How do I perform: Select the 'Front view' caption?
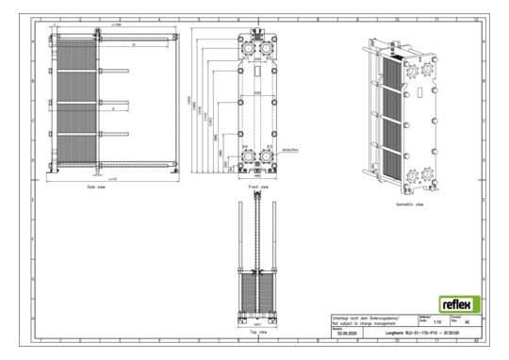click(257, 187)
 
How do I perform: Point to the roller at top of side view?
click(95, 36)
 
